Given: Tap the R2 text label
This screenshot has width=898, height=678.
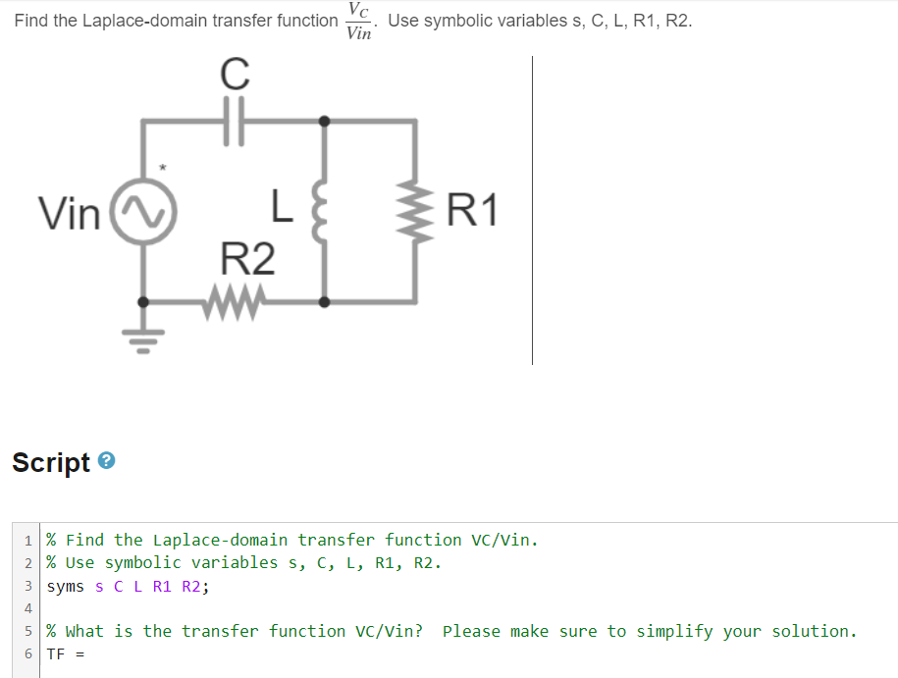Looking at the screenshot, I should pyautogui.click(x=247, y=260).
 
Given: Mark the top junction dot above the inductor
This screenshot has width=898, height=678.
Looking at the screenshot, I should pyautogui.click(x=324, y=122).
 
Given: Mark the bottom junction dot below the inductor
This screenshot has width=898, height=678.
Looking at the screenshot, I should pyautogui.click(x=324, y=301).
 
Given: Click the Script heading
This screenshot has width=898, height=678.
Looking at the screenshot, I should pyautogui.click(x=51, y=462).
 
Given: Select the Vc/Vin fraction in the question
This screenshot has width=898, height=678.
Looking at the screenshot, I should pyautogui.click(x=359, y=22).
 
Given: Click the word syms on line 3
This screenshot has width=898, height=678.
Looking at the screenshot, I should pyautogui.click(x=65, y=587).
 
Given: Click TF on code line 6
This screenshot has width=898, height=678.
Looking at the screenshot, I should pyautogui.click(x=55, y=654).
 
